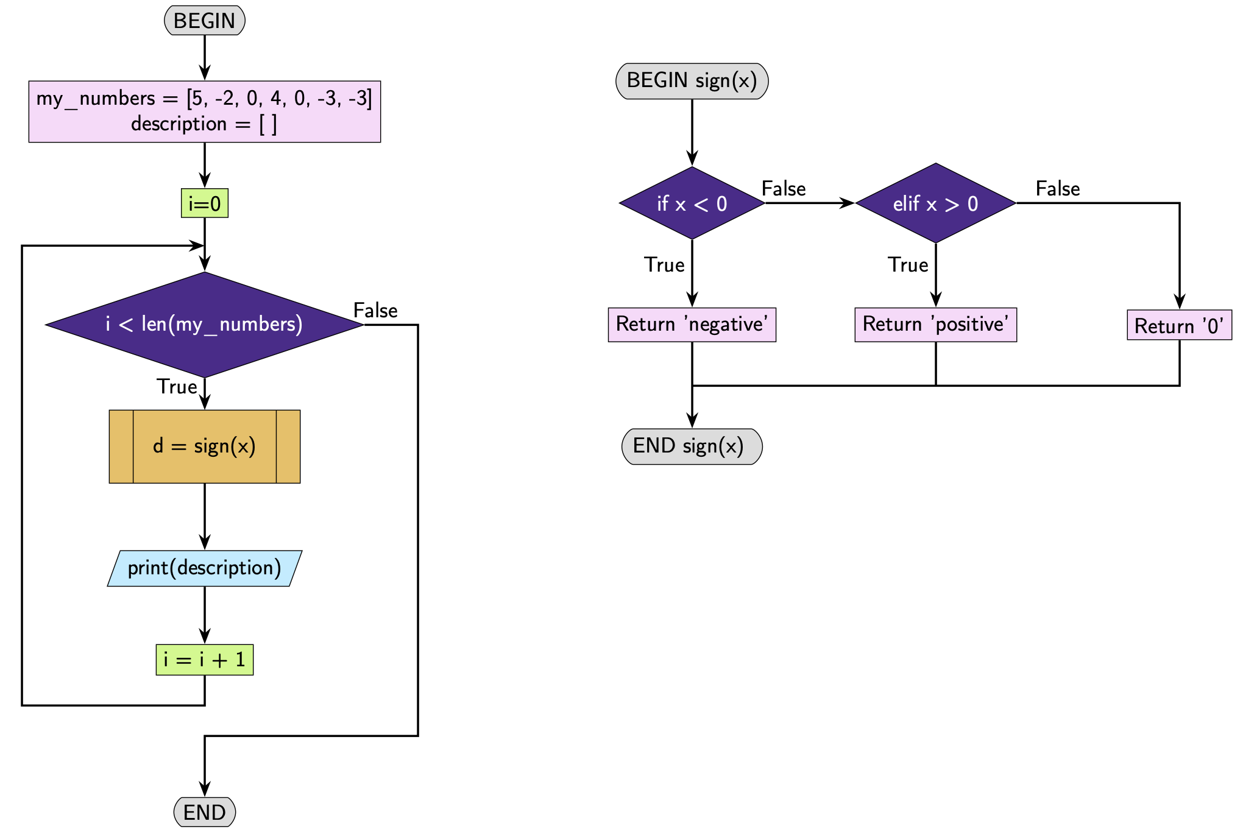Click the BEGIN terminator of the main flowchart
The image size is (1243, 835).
click(205, 21)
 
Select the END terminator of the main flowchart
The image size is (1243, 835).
click(205, 812)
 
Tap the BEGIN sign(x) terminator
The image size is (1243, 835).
click(692, 80)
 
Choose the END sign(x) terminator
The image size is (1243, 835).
click(692, 446)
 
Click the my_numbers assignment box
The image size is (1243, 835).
click(205, 111)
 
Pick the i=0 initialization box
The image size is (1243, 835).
click(205, 203)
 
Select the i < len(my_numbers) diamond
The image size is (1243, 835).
click(205, 324)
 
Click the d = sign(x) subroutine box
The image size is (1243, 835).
click(205, 446)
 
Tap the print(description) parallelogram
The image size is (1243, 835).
click(205, 568)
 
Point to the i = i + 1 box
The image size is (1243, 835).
click(205, 660)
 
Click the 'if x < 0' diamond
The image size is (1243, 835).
click(692, 203)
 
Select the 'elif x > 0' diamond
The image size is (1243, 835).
click(935, 203)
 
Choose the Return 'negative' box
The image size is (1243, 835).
click(692, 324)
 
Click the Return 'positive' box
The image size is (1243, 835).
click(935, 324)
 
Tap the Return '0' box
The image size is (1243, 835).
click(1179, 325)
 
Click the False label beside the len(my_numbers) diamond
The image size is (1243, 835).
click(375, 311)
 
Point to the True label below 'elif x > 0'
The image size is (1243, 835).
click(908, 265)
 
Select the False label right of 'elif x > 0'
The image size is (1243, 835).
click(1058, 189)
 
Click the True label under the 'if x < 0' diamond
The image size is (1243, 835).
click(664, 265)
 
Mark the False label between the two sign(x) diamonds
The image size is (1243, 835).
click(784, 189)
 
